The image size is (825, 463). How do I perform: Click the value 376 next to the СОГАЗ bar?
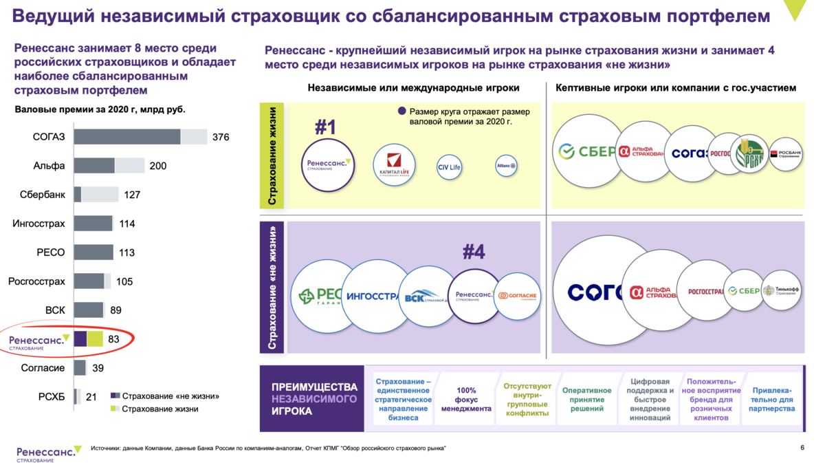tap(221, 137)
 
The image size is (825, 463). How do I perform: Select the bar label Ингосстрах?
tap(39, 224)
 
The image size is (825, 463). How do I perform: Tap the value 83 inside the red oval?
tap(114, 338)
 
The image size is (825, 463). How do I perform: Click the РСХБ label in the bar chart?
tap(52, 397)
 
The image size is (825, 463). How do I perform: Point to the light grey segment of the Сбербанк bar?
tap(100, 195)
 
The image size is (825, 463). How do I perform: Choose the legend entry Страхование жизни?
tap(160, 409)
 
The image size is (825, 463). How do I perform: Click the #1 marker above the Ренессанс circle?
tap(325, 127)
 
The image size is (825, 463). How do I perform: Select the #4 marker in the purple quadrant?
tap(474, 252)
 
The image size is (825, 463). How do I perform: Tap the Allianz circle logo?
tap(506, 166)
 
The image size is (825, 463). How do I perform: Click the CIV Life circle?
tap(448, 167)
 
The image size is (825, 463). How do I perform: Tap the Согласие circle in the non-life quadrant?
tap(517, 296)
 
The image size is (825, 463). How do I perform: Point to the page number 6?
tap(802, 448)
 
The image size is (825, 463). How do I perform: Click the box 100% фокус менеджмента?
tap(466, 399)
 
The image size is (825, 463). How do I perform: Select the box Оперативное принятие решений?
tap(586, 399)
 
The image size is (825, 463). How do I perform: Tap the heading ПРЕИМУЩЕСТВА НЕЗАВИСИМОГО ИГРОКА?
tap(314, 399)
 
